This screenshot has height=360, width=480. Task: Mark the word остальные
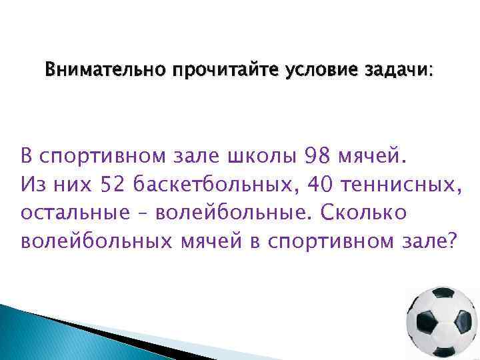click(x=75, y=211)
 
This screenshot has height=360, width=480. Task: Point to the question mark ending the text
click(x=455, y=239)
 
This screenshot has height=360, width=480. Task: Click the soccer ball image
click(x=442, y=323)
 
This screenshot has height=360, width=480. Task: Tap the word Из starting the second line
click(x=33, y=183)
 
